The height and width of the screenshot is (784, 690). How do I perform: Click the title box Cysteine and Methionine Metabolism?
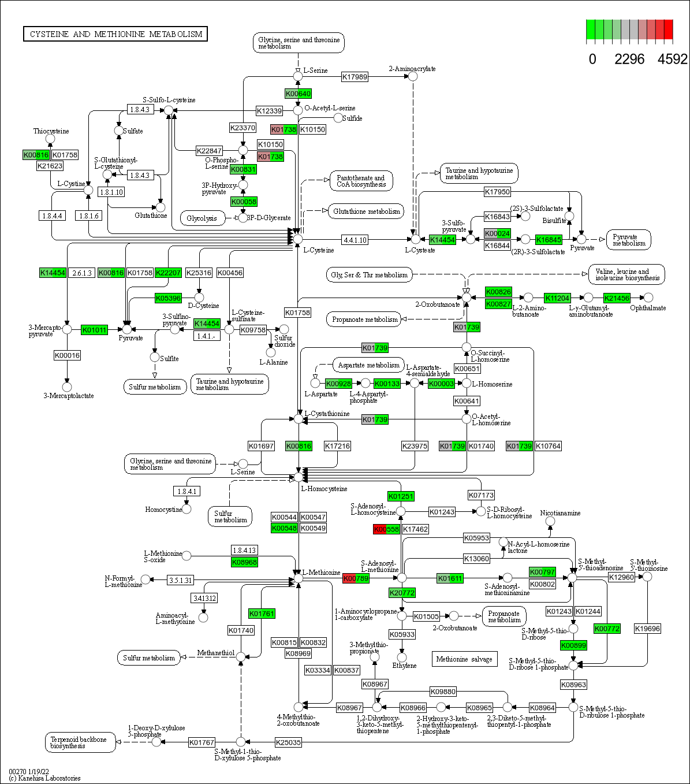(115, 34)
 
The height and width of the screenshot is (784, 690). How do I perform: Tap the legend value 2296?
(629, 59)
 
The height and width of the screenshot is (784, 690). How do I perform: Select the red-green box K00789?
(356, 578)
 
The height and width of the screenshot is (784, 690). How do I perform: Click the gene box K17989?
(355, 77)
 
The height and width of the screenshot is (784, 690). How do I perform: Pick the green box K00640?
(298, 94)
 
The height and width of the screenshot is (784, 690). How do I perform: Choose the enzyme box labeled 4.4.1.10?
(355, 240)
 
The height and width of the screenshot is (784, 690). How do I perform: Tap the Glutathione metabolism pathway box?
(366, 211)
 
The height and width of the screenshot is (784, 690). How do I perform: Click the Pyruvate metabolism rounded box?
(629, 240)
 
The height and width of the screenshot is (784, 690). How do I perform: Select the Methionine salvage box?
(464, 659)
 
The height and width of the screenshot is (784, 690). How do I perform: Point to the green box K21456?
(617, 298)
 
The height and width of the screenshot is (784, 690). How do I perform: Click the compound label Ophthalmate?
(648, 308)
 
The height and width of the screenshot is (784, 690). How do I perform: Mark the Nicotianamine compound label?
(560, 513)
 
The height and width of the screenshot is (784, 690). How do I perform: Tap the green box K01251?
(401, 496)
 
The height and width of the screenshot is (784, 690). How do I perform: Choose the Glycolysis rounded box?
(202, 218)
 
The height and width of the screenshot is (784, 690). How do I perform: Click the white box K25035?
(288, 742)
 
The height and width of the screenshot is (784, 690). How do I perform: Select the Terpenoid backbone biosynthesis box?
(80, 742)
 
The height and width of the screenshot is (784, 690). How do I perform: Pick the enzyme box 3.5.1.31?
(180, 579)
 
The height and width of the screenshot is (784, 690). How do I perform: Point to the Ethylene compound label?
(404, 666)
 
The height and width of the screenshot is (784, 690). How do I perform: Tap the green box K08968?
(244, 562)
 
